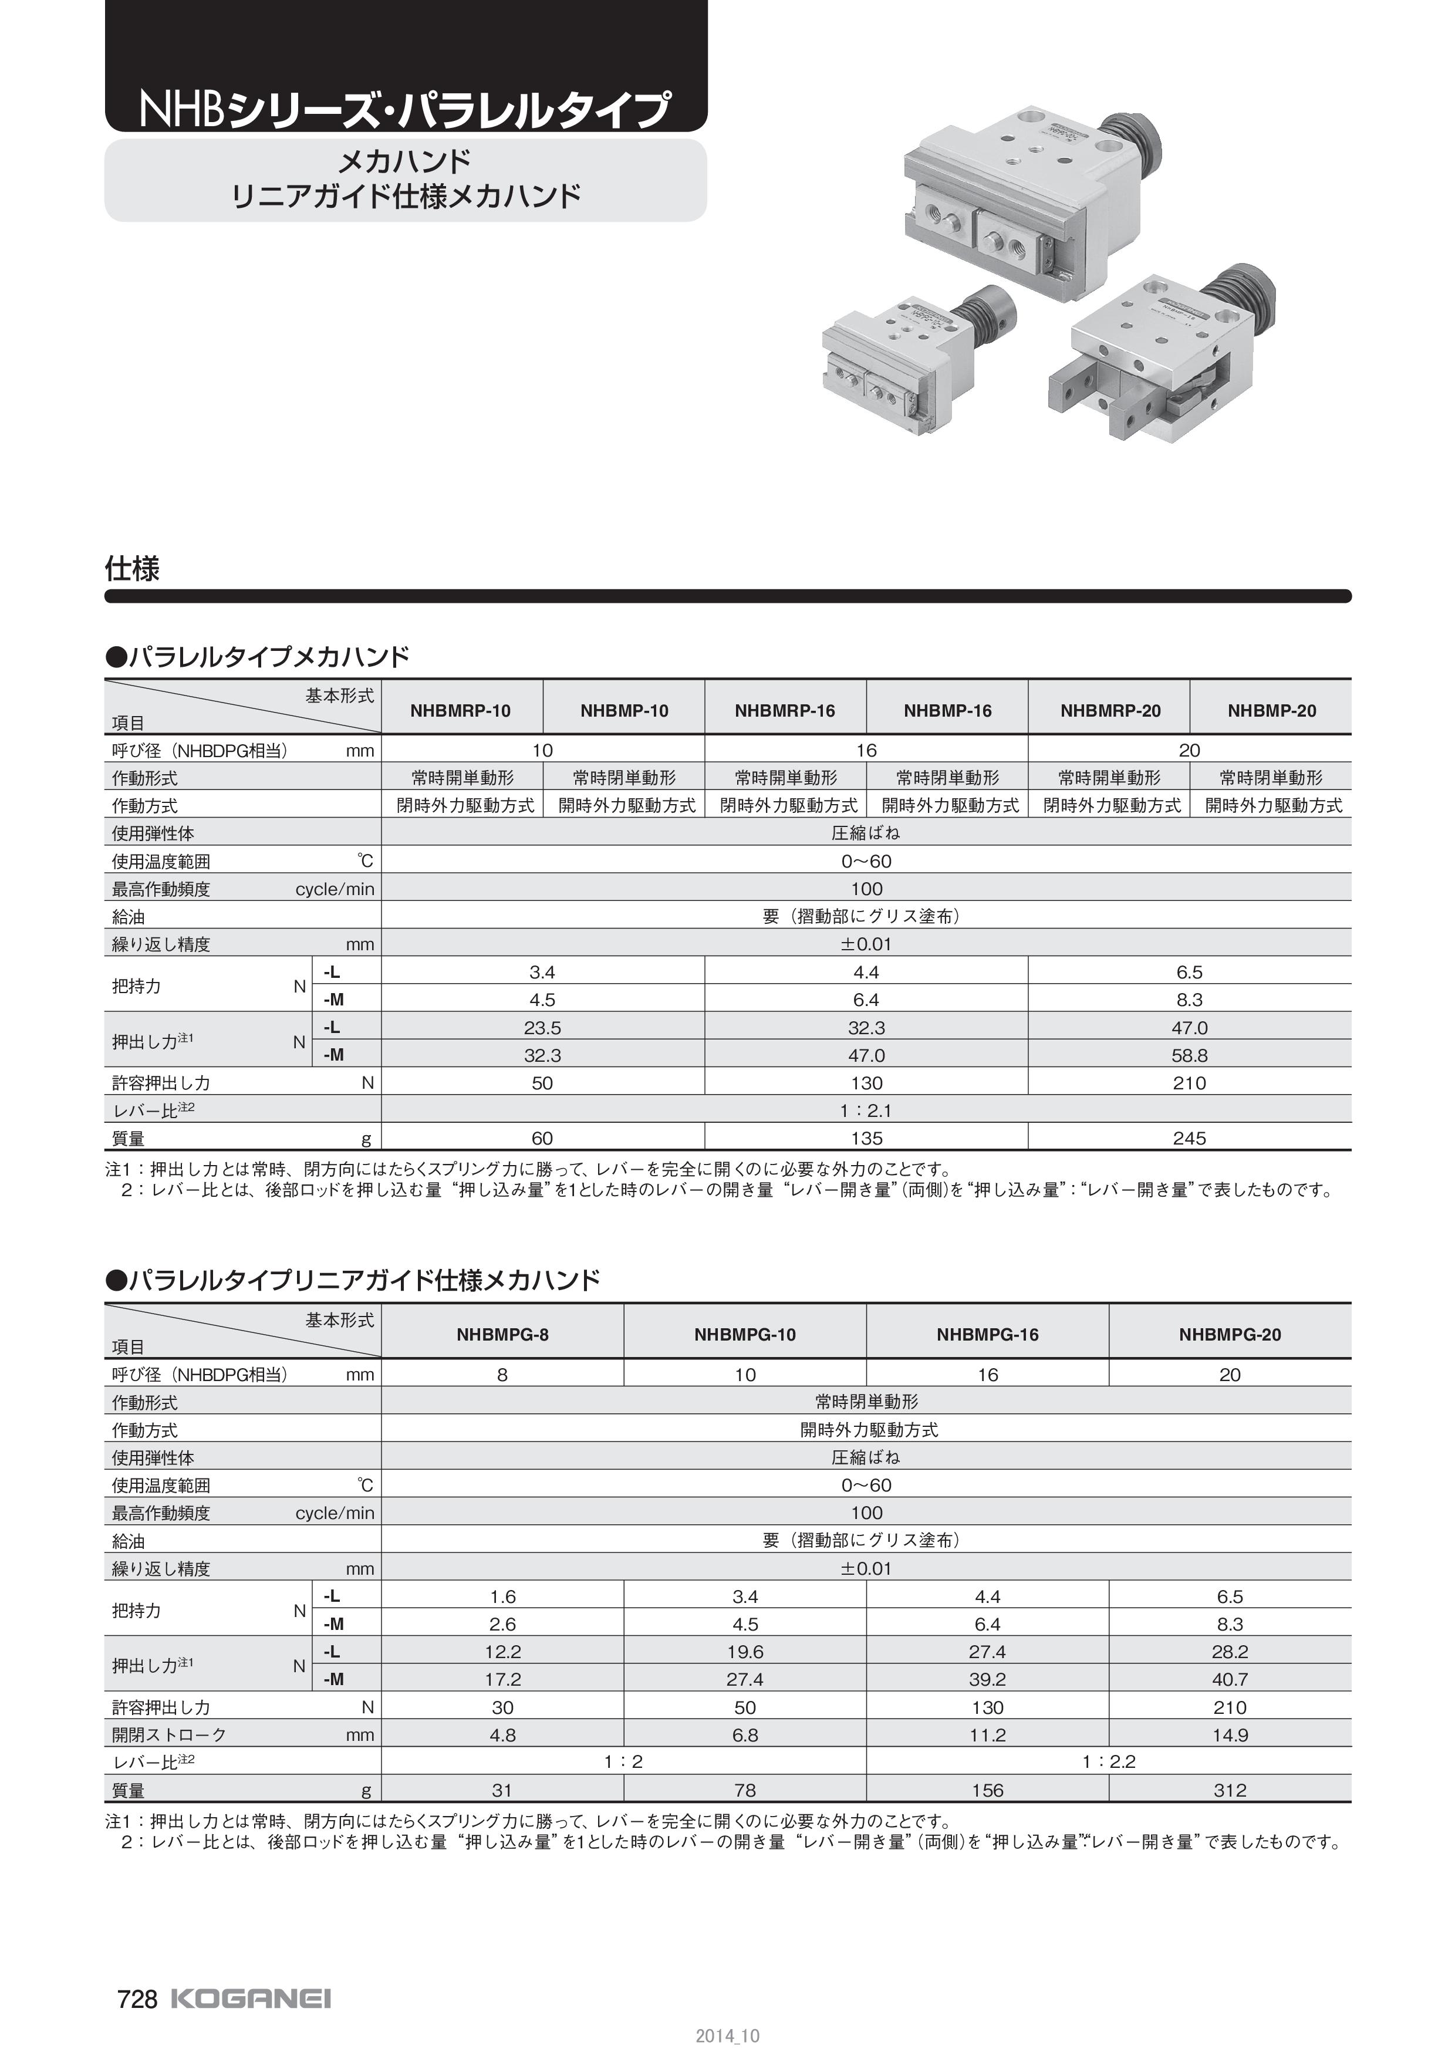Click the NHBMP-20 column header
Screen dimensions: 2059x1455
(1271, 711)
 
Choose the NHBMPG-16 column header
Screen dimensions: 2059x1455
(987, 1334)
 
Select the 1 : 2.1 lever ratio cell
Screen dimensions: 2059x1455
(865, 1110)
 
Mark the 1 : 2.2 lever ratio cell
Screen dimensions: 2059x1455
(1108, 1762)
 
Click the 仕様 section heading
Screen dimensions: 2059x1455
(133, 569)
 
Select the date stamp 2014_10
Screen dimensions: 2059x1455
(727, 2036)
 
